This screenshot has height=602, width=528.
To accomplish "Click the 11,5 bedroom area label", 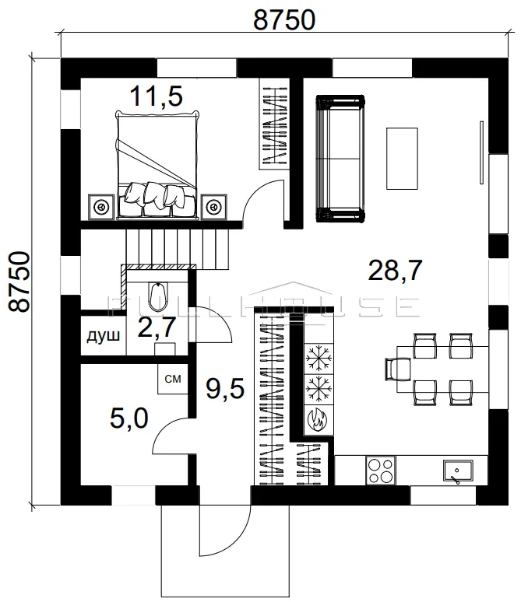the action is point(156,96).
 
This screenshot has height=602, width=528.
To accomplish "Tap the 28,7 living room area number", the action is point(395,270).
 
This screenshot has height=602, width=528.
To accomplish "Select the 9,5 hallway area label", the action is point(225,388).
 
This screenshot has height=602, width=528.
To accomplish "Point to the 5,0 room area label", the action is point(129,418).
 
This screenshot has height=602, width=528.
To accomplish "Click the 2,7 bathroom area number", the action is point(157,327).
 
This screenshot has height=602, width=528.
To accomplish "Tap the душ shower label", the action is point(103,336).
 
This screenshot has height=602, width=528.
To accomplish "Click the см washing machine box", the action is point(173,379).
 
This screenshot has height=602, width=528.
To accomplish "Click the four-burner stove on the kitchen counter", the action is point(381,471).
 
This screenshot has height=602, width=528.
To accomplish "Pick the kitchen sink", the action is point(458,471).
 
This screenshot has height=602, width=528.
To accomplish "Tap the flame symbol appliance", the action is point(319,420).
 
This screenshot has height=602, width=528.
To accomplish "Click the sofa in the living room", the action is point(340,159).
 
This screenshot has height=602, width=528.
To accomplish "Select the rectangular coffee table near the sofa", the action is point(402,159).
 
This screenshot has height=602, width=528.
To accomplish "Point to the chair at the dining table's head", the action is point(398,369).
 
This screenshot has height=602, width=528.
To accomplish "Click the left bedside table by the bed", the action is point(101,207).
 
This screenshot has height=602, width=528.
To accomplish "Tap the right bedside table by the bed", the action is point(213,207).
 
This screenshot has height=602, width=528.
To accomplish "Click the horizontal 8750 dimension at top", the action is point(284,20).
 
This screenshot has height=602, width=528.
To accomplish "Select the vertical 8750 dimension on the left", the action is point(19,282).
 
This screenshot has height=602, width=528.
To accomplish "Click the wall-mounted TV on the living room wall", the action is point(481,152).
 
